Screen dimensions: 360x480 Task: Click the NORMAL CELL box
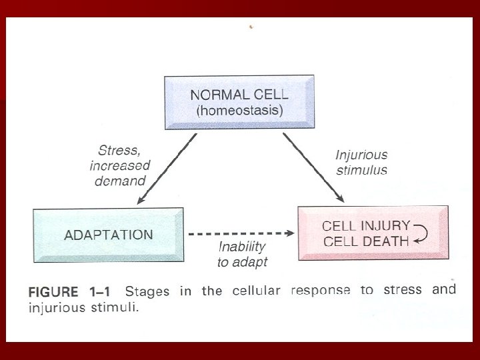(239, 102)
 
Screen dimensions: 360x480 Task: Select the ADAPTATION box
(108, 235)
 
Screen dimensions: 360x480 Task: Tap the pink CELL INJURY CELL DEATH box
(372, 233)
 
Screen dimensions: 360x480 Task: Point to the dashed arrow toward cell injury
(241, 234)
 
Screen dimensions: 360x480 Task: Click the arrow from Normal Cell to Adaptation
(167, 168)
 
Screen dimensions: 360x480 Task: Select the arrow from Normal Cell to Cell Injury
(313, 168)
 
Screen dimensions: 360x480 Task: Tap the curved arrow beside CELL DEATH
(421, 233)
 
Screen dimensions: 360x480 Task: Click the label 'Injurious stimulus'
(361, 162)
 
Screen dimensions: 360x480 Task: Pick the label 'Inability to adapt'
(242, 254)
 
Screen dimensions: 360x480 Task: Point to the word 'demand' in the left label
(120, 179)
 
